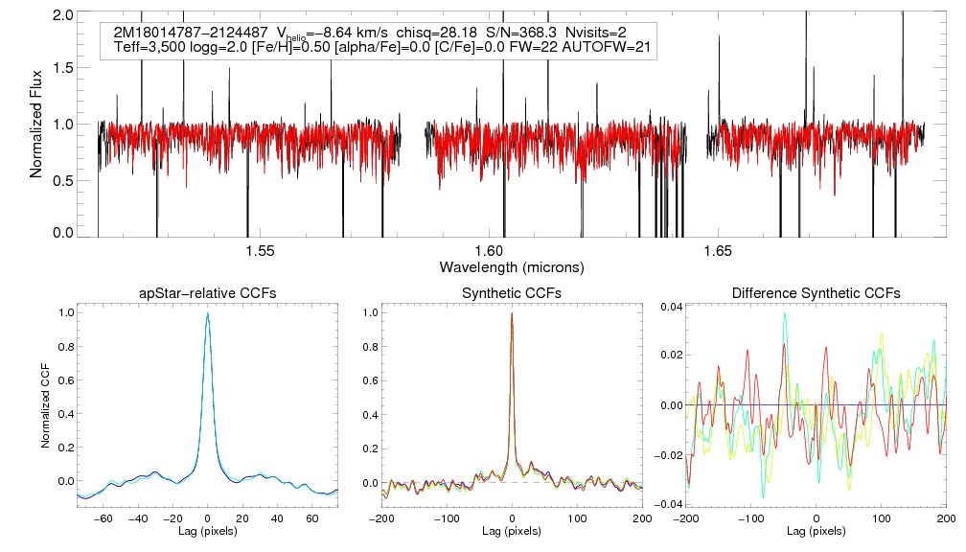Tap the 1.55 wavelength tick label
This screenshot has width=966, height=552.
point(260,251)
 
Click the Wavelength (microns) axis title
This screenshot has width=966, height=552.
point(512,265)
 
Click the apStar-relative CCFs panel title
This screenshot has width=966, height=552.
point(207,292)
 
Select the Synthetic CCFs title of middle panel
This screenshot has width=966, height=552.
point(512,292)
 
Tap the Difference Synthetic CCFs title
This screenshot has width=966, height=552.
point(816,292)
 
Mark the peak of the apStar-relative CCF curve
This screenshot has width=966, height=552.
point(207,313)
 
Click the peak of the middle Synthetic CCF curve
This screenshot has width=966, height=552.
point(512,313)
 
